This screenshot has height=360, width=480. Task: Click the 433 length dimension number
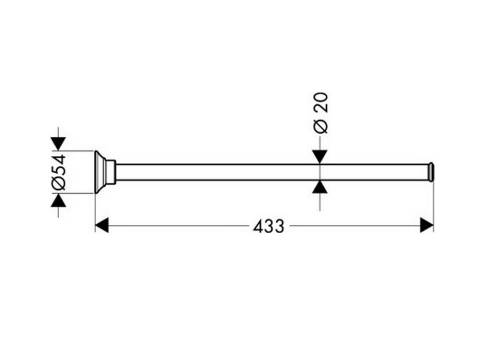point(268,226)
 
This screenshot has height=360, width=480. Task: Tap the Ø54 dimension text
point(58,172)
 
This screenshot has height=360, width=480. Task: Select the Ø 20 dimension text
point(321,113)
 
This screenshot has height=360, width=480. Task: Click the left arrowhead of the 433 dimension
point(102,225)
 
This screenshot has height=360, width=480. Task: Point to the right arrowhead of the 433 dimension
point(427,225)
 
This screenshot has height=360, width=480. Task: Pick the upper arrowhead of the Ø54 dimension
point(58,144)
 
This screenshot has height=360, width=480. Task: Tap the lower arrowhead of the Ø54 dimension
point(58,201)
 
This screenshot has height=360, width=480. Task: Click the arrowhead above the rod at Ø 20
point(320,157)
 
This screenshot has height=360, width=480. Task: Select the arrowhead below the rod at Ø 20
point(320,187)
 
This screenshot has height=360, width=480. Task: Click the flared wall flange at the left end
point(100,172)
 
